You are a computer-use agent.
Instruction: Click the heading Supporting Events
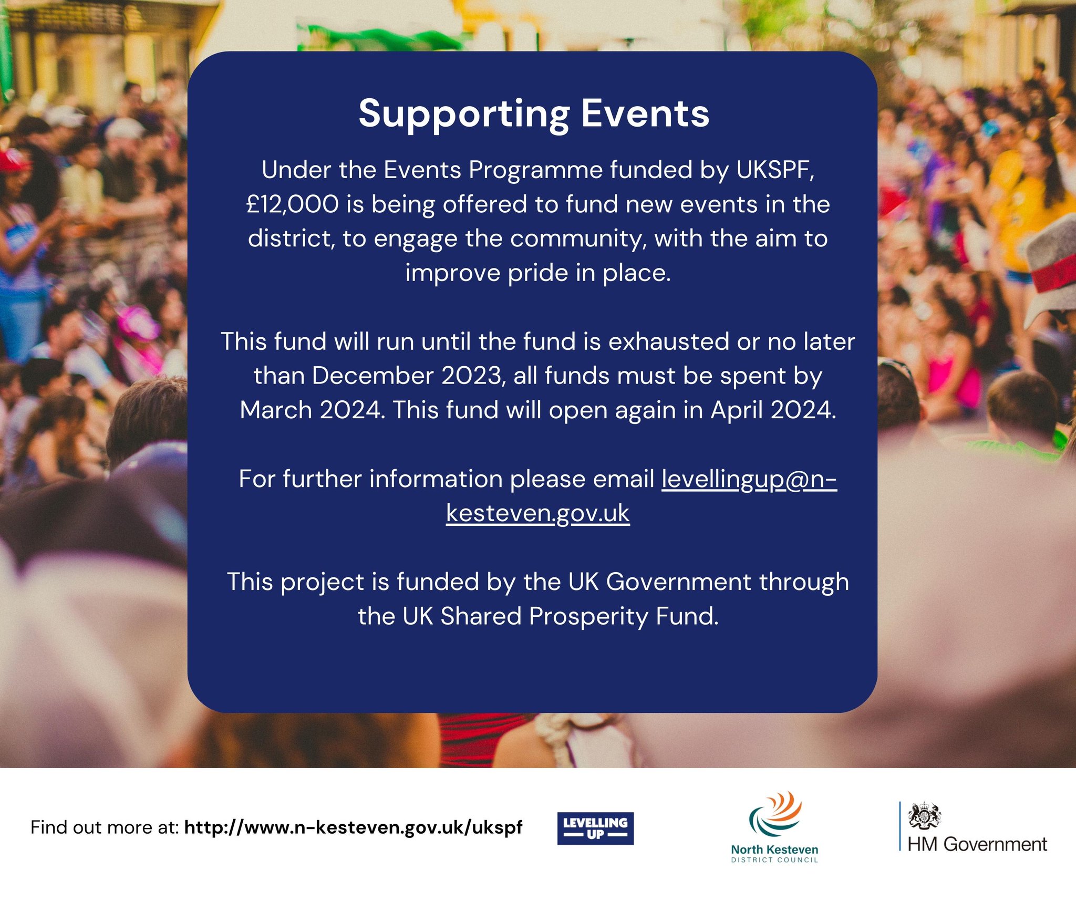coord(534,113)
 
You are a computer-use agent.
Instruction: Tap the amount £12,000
coord(293,204)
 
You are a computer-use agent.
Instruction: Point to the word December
coord(373,376)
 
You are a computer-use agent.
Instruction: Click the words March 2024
coord(312,410)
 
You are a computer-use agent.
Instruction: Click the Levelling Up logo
coord(595,828)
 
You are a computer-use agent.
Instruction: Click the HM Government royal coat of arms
coord(924,815)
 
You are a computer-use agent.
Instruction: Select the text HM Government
coord(977,844)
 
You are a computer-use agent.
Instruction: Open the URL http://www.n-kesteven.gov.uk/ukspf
coord(354,827)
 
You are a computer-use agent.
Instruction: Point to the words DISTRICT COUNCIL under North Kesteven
coord(774,860)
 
